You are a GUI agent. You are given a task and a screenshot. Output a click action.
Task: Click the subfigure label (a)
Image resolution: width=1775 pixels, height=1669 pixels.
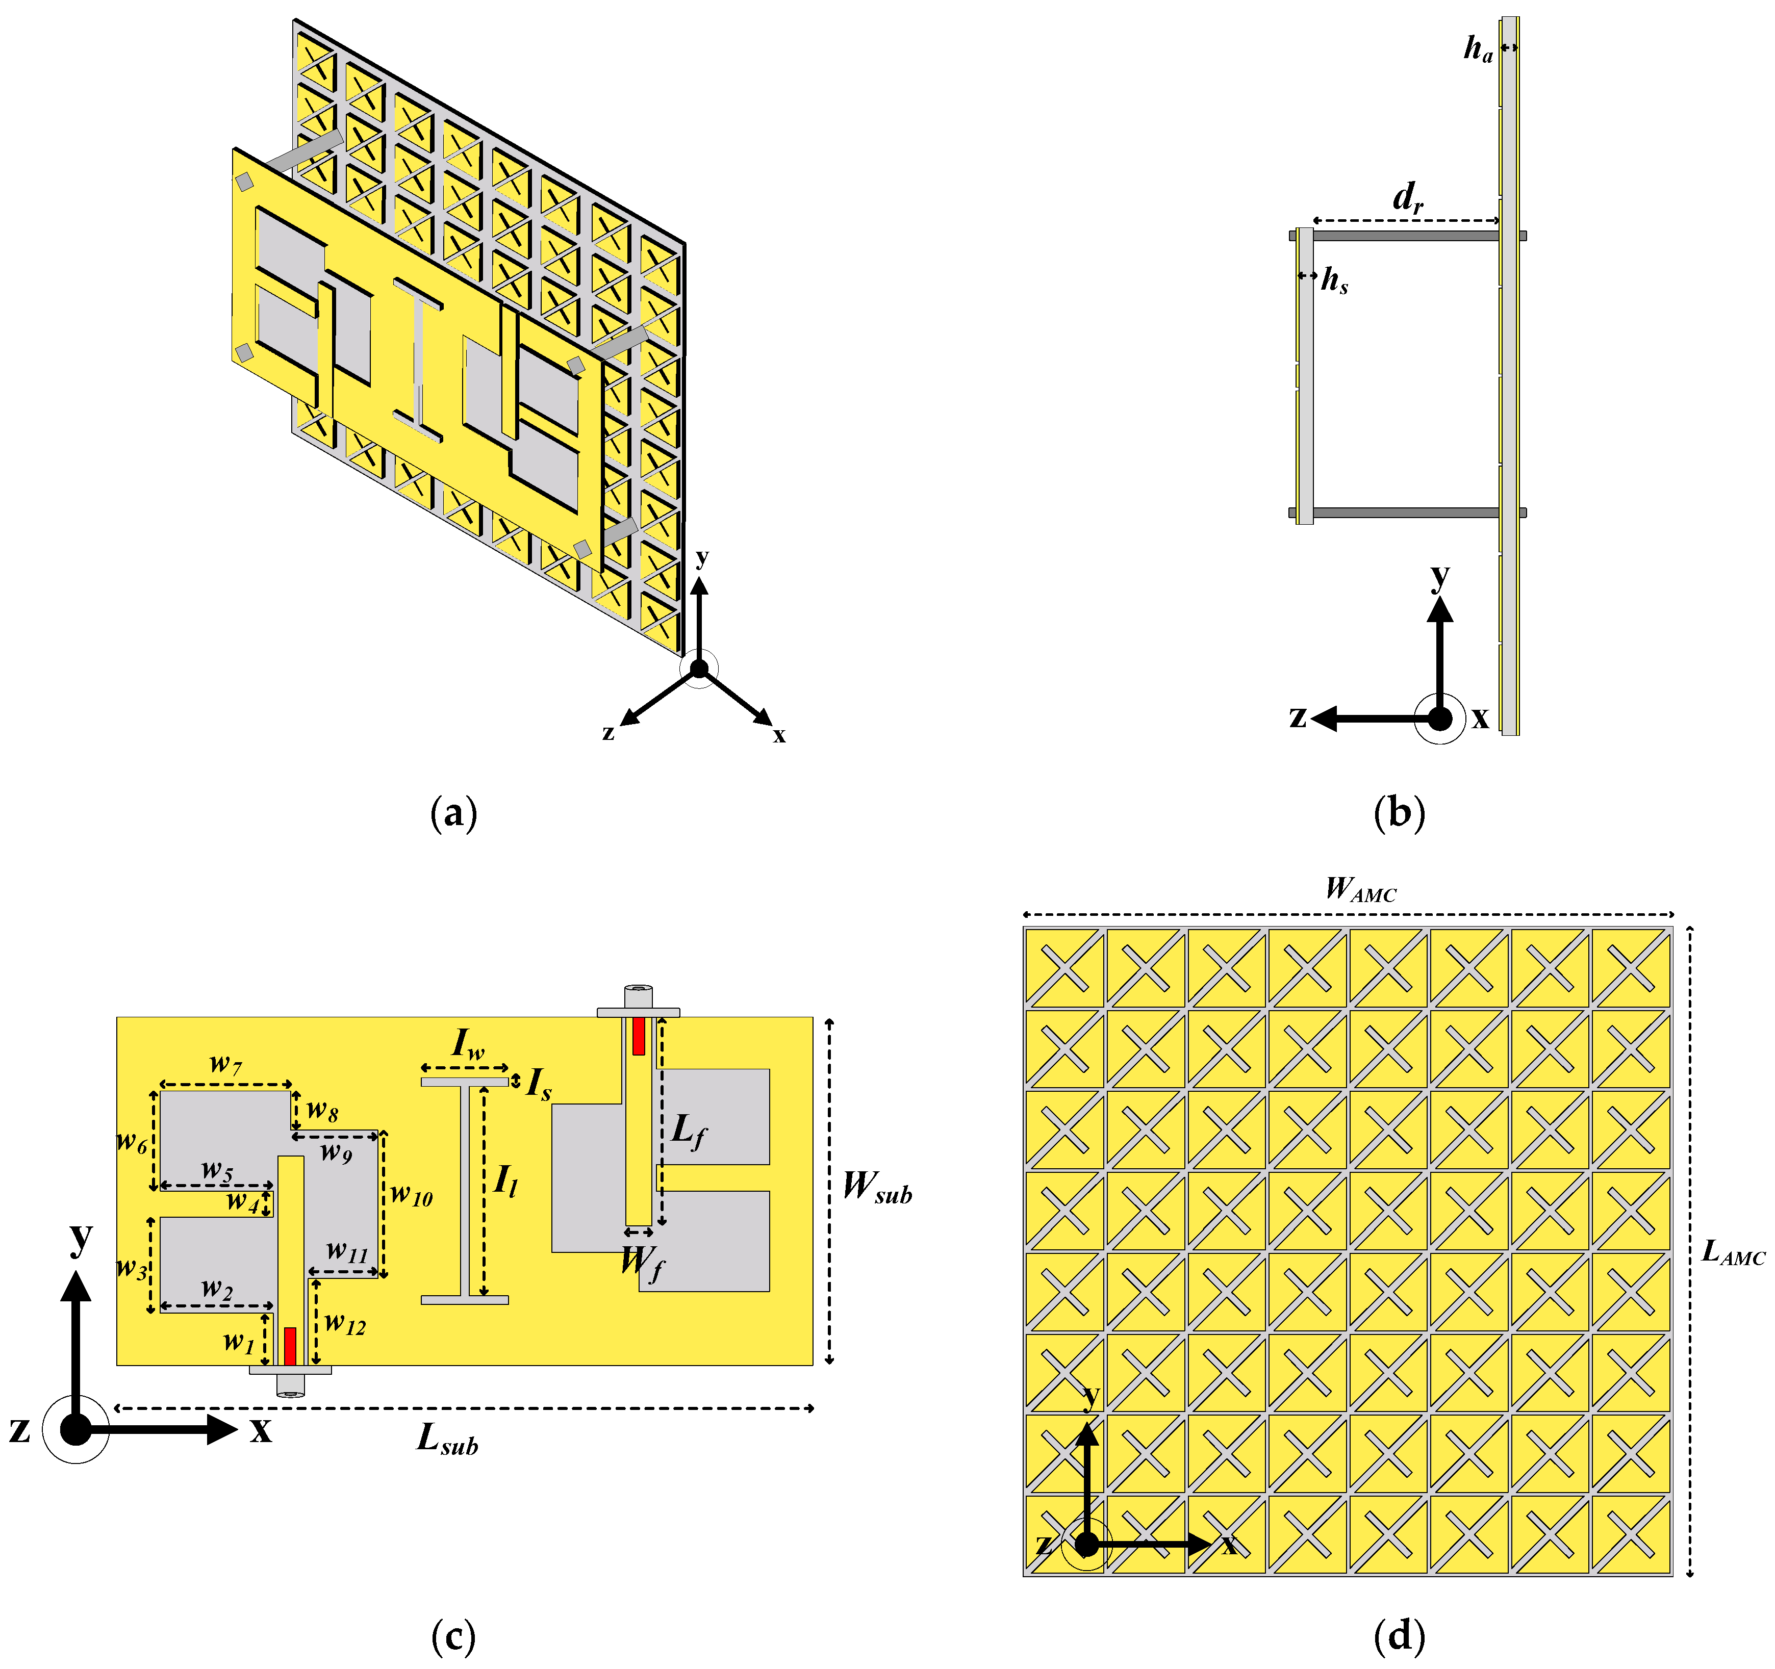[453, 814]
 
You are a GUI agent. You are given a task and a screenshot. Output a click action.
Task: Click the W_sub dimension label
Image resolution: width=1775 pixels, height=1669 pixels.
[877, 1187]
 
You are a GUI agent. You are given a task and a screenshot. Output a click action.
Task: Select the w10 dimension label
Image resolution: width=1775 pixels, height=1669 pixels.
[412, 1195]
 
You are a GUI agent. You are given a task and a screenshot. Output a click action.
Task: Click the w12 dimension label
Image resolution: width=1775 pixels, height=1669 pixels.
[345, 1324]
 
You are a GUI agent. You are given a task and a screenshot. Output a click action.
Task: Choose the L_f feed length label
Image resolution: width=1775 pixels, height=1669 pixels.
[689, 1132]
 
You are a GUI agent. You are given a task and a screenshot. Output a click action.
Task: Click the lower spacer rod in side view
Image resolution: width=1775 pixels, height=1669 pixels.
[1406, 512]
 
